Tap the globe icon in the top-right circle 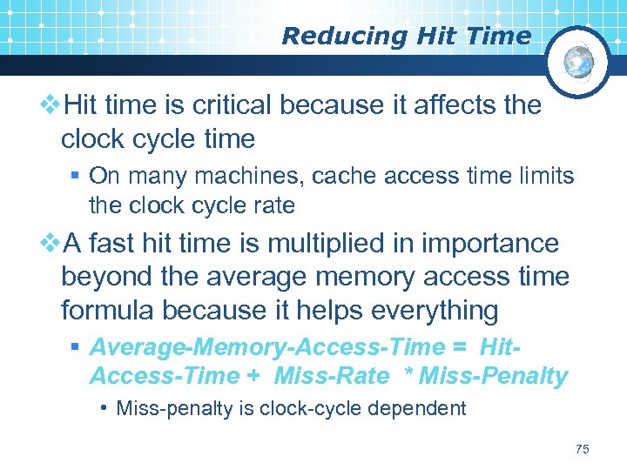pos(578,62)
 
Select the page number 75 pos(583,449)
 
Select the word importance pos(489,245)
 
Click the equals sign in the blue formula pos(461,347)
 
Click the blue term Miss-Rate pos(331,376)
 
